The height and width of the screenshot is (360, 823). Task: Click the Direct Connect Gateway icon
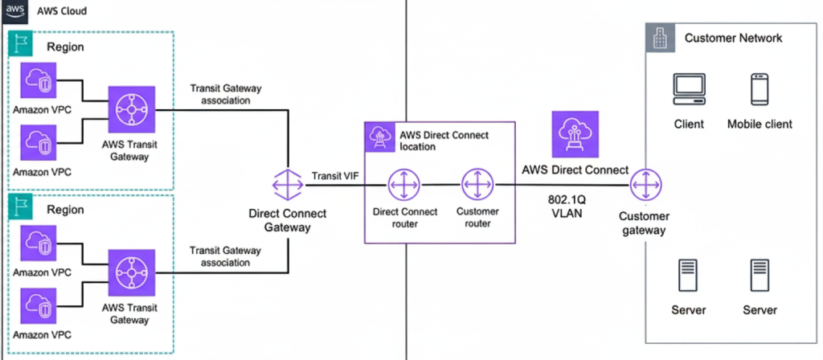tap(287, 186)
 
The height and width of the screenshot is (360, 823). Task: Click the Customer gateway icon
tap(644, 186)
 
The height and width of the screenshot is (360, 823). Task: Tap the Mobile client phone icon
tap(760, 90)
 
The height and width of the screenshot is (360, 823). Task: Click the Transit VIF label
tap(333, 176)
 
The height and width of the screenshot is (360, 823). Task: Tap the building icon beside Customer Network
tap(659, 36)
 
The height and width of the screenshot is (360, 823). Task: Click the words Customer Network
tap(733, 38)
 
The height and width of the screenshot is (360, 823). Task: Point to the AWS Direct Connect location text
tap(443, 141)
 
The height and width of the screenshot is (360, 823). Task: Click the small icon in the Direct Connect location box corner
tap(378, 137)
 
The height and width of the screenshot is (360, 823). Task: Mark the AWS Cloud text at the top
tap(60, 12)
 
